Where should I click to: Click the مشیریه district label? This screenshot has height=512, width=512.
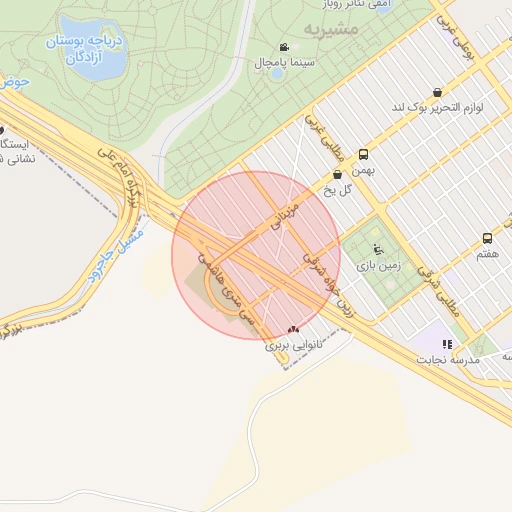pyautogui.click(x=330, y=28)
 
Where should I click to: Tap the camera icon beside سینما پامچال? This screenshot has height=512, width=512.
pyautogui.click(x=285, y=47)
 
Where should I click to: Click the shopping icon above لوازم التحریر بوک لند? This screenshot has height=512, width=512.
pyautogui.click(x=438, y=92)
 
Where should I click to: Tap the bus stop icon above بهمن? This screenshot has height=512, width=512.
pyautogui.click(x=363, y=155)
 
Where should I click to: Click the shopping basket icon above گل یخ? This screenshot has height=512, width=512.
pyautogui.click(x=338, y=174)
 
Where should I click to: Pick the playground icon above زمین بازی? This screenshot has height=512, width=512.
pyautogui.click(x=376, y=249)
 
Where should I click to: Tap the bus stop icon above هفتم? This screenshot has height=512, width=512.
pyautogui.click(x=487, y=238)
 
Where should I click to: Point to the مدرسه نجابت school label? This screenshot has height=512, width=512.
pyautogui.click(x=449, y=359)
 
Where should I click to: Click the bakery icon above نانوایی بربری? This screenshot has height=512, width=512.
pyautogui.click(x=292, y=330)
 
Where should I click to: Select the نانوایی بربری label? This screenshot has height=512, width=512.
pyautogui.click(x=284, y=346)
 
